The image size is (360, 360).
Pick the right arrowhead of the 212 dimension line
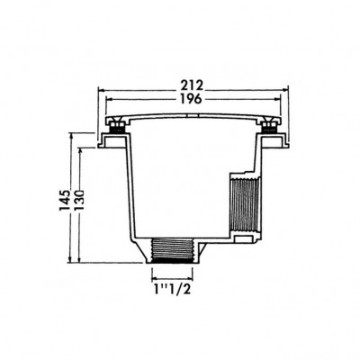(285, 91)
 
